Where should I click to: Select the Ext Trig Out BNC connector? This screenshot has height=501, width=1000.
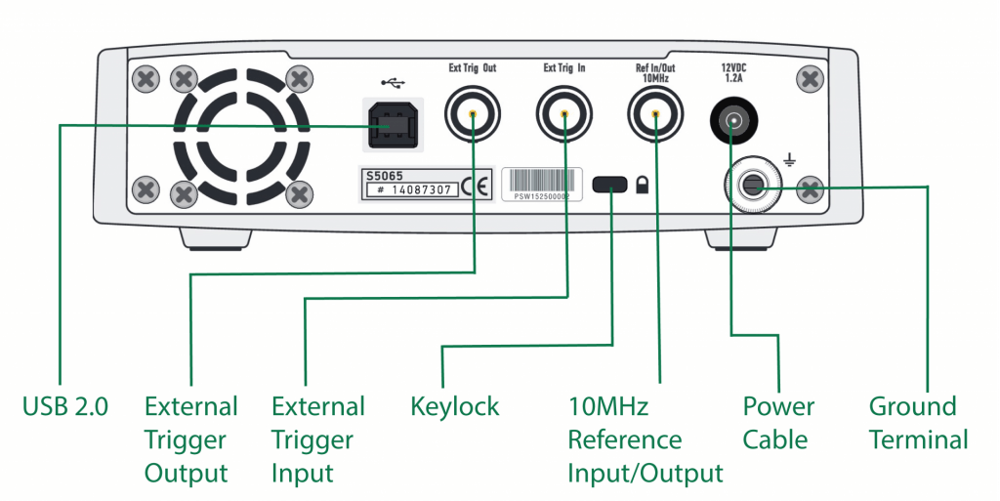[473, 115]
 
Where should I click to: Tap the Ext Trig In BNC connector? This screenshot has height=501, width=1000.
[564, 115]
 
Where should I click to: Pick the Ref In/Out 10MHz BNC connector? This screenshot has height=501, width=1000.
[654, 115]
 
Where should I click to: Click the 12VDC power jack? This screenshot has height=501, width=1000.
[730, 122]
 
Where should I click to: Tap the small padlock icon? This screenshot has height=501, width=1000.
[643, 184]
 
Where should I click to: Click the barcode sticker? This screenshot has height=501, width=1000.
[535, 184]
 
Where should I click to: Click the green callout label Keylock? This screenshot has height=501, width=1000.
[455, 406]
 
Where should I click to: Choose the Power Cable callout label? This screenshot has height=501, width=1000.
[777, 423]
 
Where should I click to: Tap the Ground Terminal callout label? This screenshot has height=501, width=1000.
[918, 423]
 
